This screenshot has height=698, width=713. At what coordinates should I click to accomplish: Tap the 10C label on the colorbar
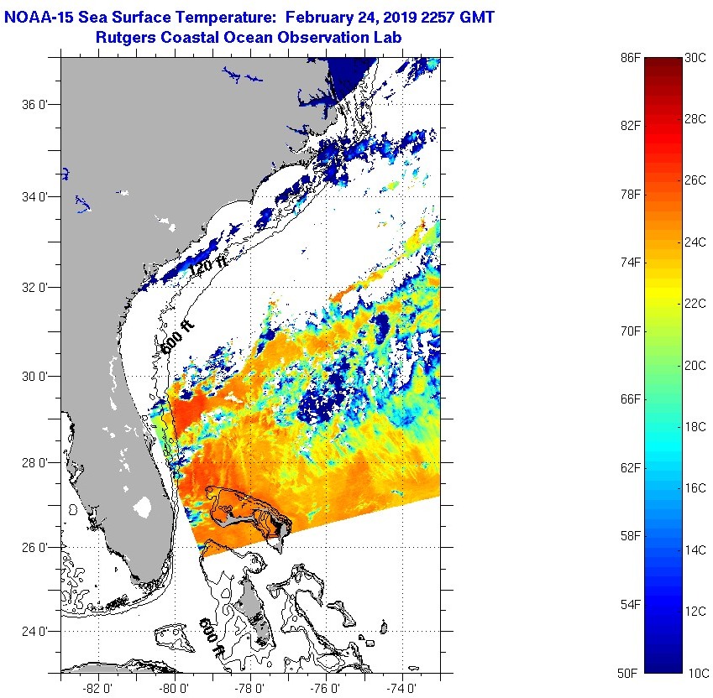(696, 673)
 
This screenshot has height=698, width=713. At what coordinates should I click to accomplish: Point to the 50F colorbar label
(632, 673)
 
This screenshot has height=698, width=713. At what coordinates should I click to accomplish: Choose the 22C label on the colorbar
(696, 303)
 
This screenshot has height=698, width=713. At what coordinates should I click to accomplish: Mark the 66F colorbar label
(632, 398)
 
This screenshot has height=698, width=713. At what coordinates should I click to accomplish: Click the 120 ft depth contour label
(209, 268)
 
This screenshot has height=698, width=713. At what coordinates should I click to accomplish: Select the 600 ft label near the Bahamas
(211, 637)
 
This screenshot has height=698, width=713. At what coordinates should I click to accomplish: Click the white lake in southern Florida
(142, 507)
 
